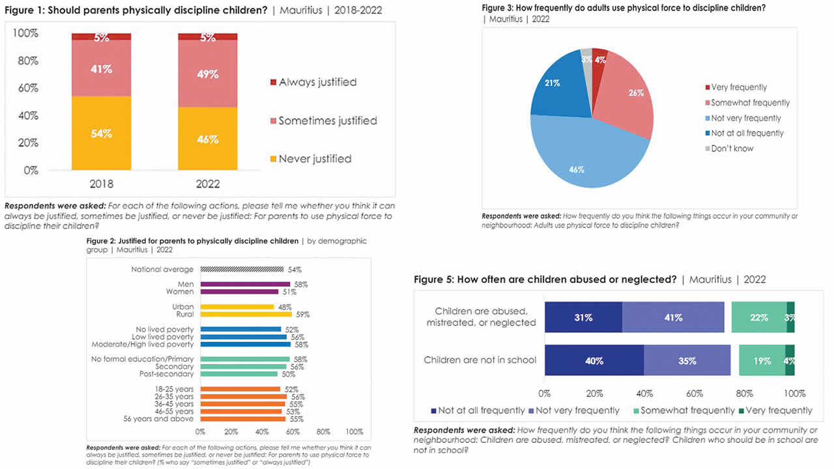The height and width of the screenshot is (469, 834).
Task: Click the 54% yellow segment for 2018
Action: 101,134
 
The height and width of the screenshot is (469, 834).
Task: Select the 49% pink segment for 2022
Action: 208,74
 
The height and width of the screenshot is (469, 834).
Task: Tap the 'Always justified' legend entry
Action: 317,82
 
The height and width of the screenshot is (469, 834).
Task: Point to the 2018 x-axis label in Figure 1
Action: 101,184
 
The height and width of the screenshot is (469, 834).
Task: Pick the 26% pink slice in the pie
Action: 625,98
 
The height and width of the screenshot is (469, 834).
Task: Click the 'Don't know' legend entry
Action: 732,149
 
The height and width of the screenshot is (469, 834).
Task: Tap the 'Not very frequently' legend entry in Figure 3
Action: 745,118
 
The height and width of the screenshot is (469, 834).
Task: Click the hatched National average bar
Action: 242,269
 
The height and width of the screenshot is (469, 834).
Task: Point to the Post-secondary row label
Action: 166,374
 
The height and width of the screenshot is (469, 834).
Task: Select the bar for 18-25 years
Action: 240,389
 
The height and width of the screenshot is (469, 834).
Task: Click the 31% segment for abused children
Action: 583,317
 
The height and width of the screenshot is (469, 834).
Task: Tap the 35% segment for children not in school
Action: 687,360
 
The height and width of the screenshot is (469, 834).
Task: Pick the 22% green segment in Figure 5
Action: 758,317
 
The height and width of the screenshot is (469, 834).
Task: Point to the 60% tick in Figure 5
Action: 694,393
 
